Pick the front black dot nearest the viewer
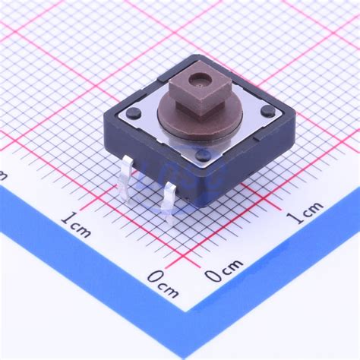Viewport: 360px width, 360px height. pos(203,155)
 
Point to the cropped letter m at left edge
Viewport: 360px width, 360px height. pos(3,175)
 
